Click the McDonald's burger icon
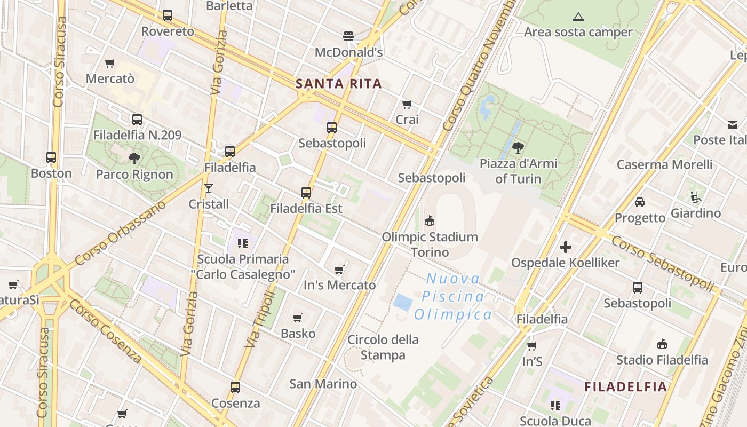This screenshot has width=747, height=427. [348, 36]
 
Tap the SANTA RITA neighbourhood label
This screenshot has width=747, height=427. [339, 84]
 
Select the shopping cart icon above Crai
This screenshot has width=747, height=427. [407, 104]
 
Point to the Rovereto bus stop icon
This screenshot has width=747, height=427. [168, 15]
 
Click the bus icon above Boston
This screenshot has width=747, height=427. [51, 157]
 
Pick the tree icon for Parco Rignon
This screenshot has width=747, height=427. [134, 158]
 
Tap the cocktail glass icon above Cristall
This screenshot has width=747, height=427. [209, 188]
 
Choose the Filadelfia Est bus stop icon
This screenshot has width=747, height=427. [306, 193]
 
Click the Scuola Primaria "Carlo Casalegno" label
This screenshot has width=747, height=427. [243, 267]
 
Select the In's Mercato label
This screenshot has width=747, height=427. [339, 286]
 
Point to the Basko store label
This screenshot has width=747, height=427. [298, 334]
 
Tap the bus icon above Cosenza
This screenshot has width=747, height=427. [235, 388]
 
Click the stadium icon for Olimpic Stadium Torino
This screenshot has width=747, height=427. [430, 221]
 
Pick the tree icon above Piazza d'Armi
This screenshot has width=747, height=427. [518, 148]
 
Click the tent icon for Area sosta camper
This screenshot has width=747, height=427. [578, 17]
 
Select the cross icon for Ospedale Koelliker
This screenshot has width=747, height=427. [566, 247]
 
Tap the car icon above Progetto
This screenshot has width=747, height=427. [640, 202]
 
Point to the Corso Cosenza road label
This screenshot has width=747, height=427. [105, 331]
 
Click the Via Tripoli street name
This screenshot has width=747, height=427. [260, 319]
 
